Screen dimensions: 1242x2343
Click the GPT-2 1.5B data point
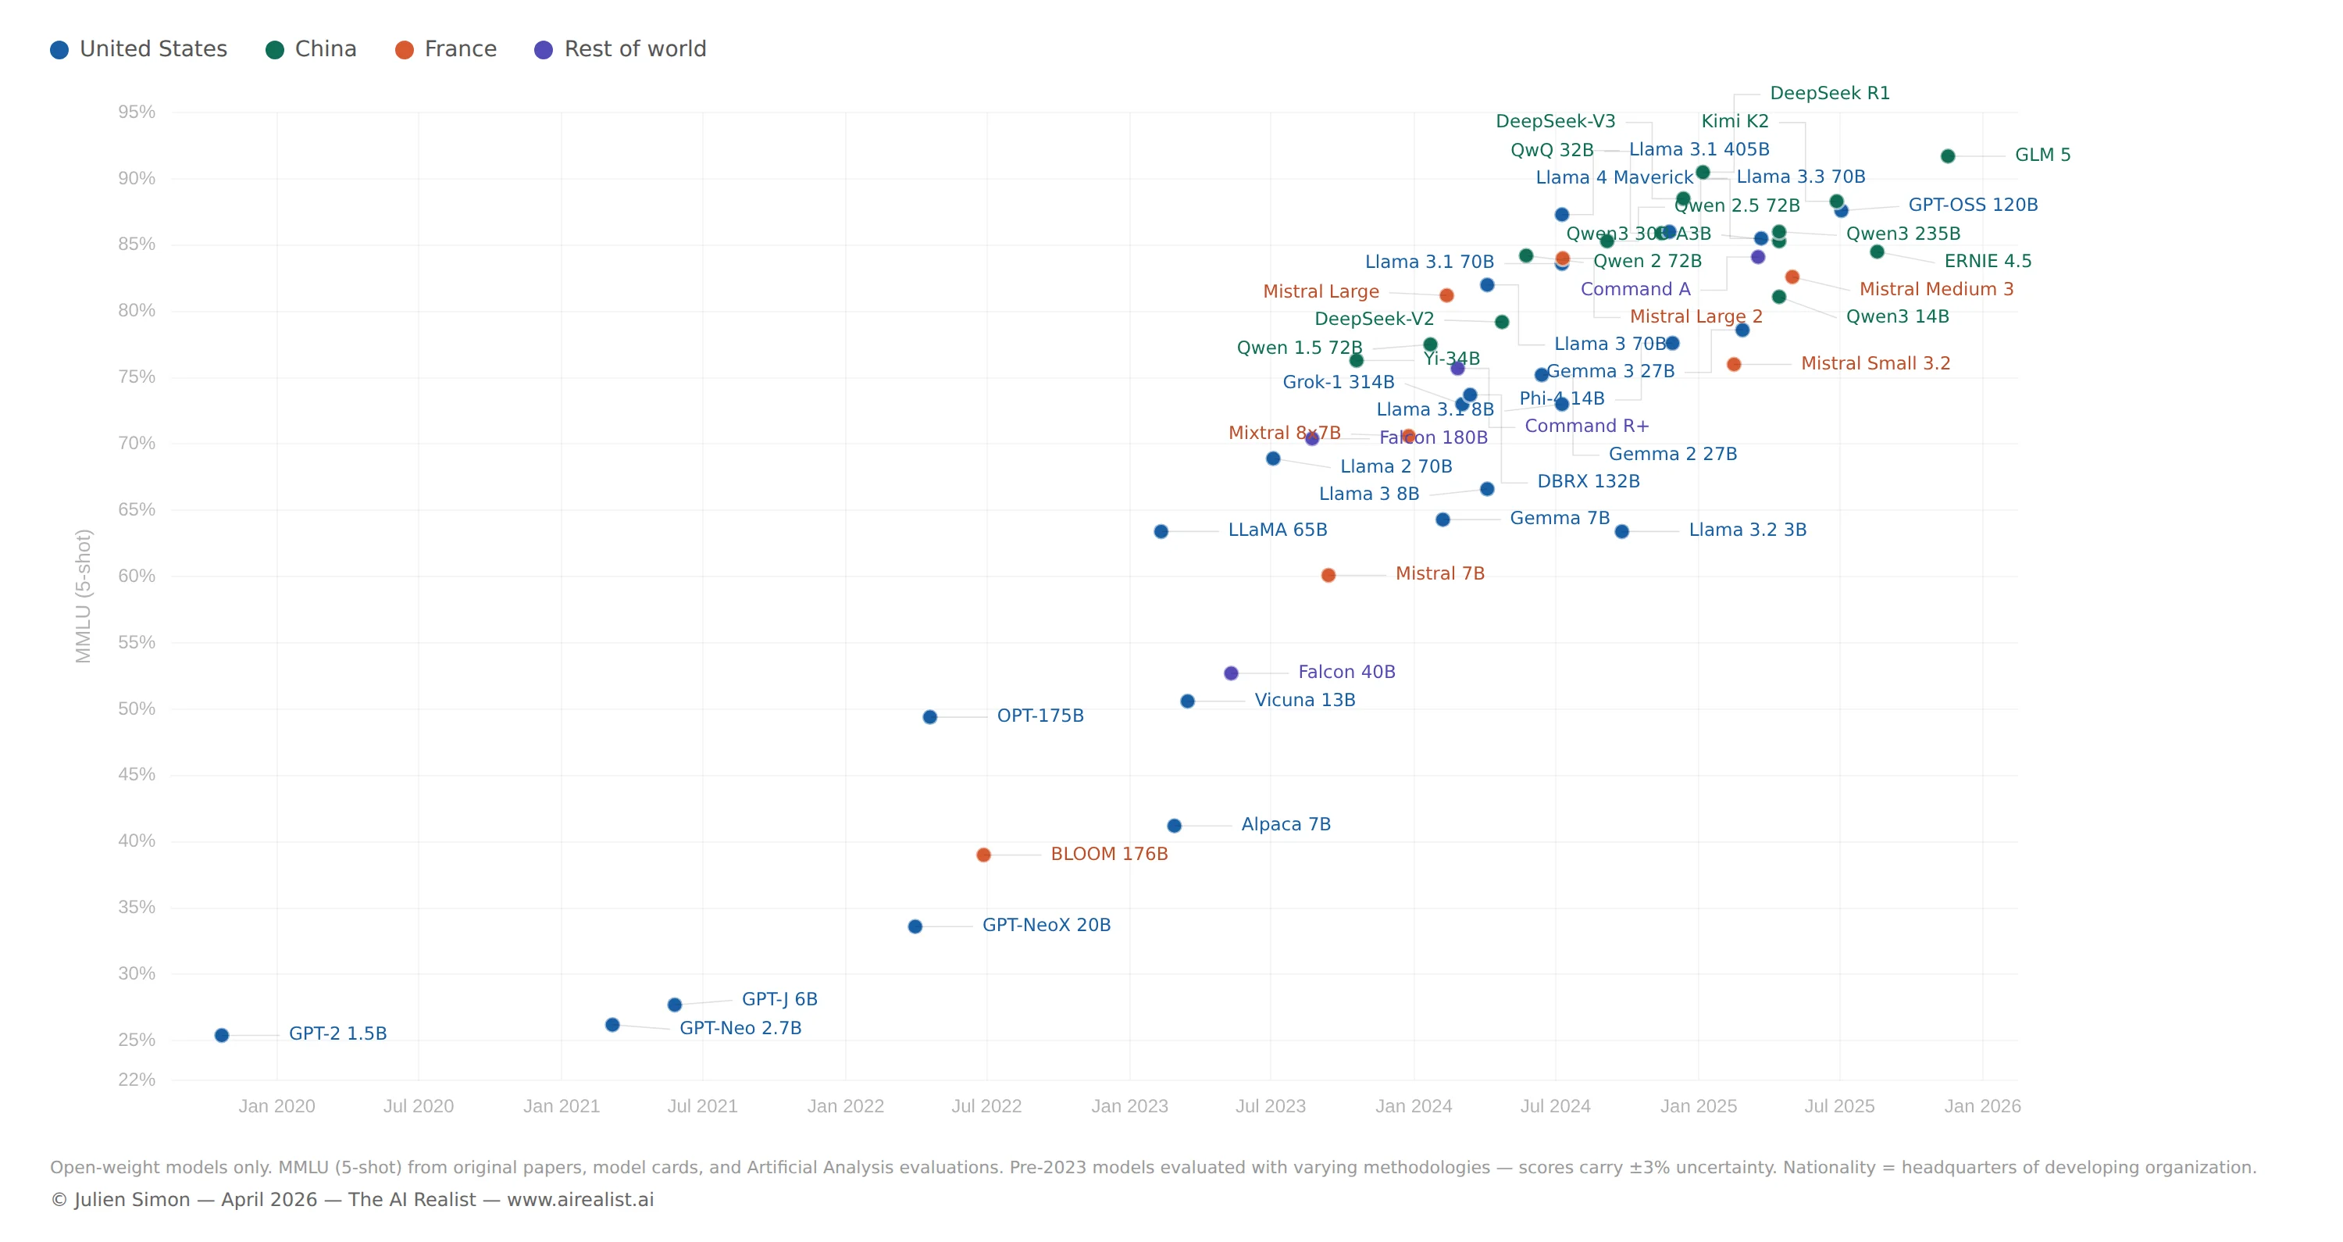pos(222,1036)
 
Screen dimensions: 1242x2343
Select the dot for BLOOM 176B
pos(983,855)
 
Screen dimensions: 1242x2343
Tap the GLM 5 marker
pos(1947,156)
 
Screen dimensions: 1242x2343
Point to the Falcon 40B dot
pos(1231,673)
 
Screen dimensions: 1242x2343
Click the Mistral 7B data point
pos(1328,575)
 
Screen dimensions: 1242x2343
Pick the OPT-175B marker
pos(929,717)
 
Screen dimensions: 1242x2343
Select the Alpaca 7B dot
pos(1174,826)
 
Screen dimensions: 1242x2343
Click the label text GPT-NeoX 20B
pos(1046,926)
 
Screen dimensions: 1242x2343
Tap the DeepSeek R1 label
pos(1829,94)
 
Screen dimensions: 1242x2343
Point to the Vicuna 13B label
pos(1304,701)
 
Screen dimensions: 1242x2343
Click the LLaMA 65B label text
pos(1277,530)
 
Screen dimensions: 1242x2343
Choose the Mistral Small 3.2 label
pos(1875,364)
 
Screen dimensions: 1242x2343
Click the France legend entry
pos(447,49)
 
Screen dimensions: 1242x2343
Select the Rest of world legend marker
pos(543,50)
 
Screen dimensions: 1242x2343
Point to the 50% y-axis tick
pos(137,708)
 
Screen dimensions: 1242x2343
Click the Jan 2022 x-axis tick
pos(846,1106)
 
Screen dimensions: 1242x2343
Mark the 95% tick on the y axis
pos(137,112)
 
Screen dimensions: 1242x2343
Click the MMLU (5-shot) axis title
pos(84,596)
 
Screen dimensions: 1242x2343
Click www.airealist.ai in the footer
pos(580,1200)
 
